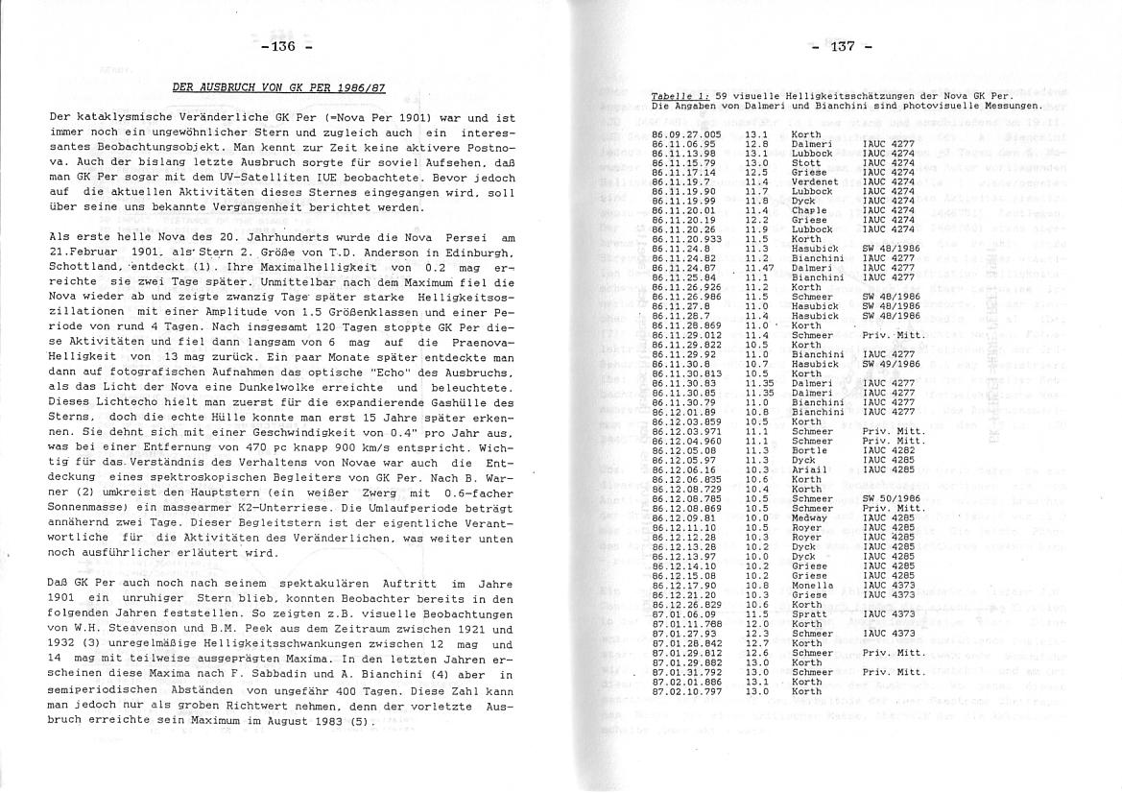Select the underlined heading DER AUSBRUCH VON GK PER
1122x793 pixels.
(x=279, y=87)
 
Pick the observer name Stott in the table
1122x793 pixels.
(x=804, y=162)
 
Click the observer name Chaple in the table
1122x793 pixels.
(x=808, y=209)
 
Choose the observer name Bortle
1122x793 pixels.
(x=809, y=450)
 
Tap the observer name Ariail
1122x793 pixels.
(x=808, y=469)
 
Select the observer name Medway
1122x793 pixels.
(x=809, y=517)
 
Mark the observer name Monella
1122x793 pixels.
(x=811, y=585)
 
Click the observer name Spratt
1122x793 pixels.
(x=808, y=613)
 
